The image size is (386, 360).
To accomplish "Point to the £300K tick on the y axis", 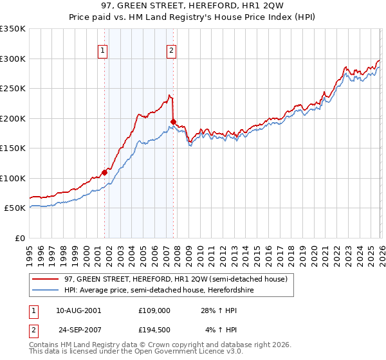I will coord(13,59).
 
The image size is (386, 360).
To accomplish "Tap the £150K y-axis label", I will coord(13,148).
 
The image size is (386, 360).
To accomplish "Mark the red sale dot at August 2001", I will coord(104,172).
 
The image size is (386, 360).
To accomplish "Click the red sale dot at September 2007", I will coord(174,122).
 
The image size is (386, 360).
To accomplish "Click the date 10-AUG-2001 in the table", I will coord(78,310).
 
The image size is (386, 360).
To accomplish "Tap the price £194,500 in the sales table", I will coord(154,330).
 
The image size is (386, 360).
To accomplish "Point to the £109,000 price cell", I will coord(154,310).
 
